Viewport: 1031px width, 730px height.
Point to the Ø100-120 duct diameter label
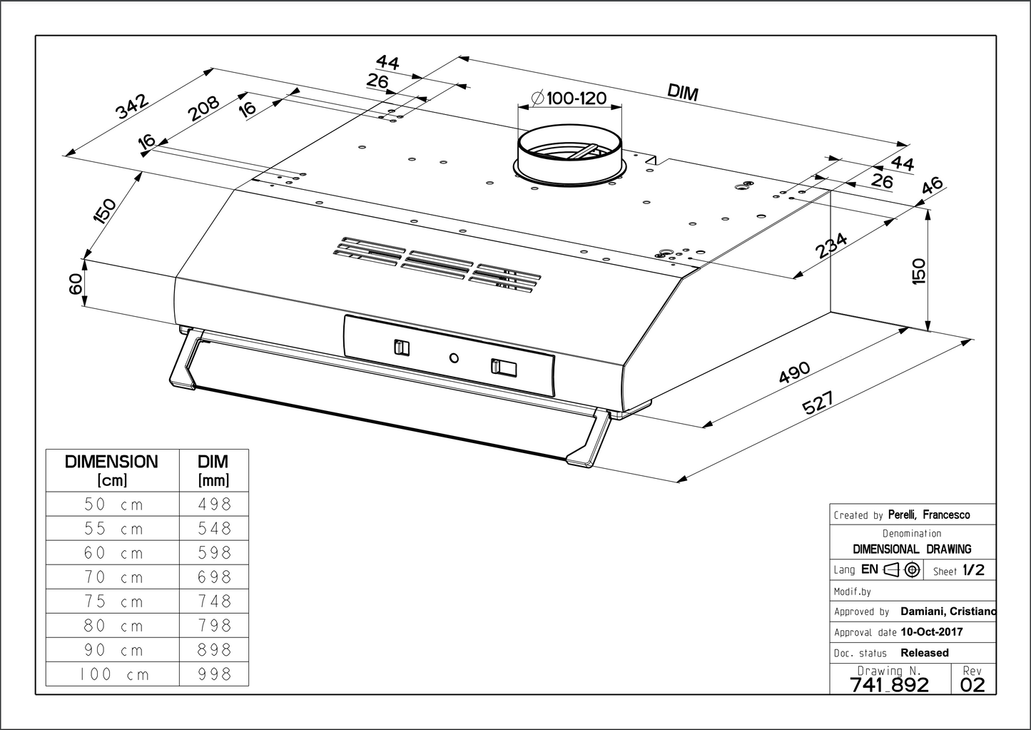569,98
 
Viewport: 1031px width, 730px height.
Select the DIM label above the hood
683,91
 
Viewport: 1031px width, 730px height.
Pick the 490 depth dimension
795,373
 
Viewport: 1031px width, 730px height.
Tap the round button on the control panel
454,357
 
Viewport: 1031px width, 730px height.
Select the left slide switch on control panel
402,348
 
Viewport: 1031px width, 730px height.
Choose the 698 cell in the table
215,577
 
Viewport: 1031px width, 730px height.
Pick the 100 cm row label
112,674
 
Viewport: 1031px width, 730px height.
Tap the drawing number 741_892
890,685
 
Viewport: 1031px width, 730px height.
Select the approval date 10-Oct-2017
931,632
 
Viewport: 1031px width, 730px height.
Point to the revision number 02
972,685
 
